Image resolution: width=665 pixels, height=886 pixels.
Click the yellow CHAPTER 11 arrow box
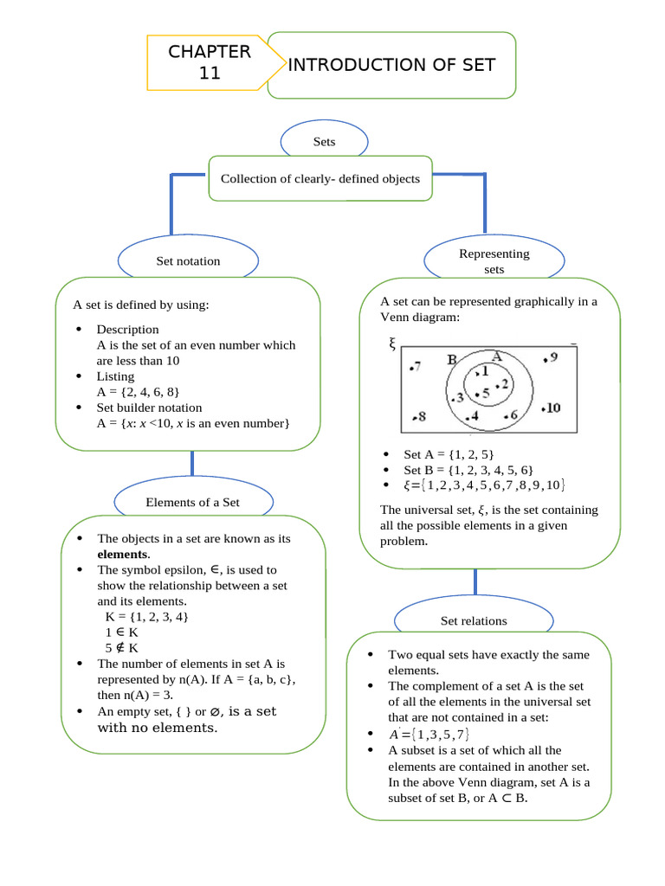pyautogui.click(x=210, y=62)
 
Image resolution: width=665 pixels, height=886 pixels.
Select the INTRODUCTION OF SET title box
pyautogui.click(x=391, y=66)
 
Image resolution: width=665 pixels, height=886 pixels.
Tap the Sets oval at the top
pyautogui.click(x=324, y=142)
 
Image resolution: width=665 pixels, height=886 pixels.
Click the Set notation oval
pyautogui.click(x=188, y=260)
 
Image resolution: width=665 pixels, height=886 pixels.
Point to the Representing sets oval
pyautogui.click(x=494, y=261)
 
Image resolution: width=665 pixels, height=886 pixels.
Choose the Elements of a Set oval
pyautogui.click(x=192, y=502)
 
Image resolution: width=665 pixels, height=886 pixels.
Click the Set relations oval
pyautogui.click(x=474, y=620)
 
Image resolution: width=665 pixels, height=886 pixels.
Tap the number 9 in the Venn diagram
pyautogui.click(x=552, y=357)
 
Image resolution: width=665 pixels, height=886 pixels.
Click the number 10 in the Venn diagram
pyautogui.click(x=552, y=408)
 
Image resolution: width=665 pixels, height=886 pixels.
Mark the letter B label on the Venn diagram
pyautogui.click(x=452, y=360)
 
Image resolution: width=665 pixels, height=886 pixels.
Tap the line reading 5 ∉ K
pyautogui.click(x=122, y=647)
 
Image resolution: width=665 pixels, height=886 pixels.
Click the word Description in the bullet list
pyautogui.click(x=127, y=330)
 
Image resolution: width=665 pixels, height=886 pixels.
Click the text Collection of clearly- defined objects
pyautogui.click(x=320, y=179)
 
